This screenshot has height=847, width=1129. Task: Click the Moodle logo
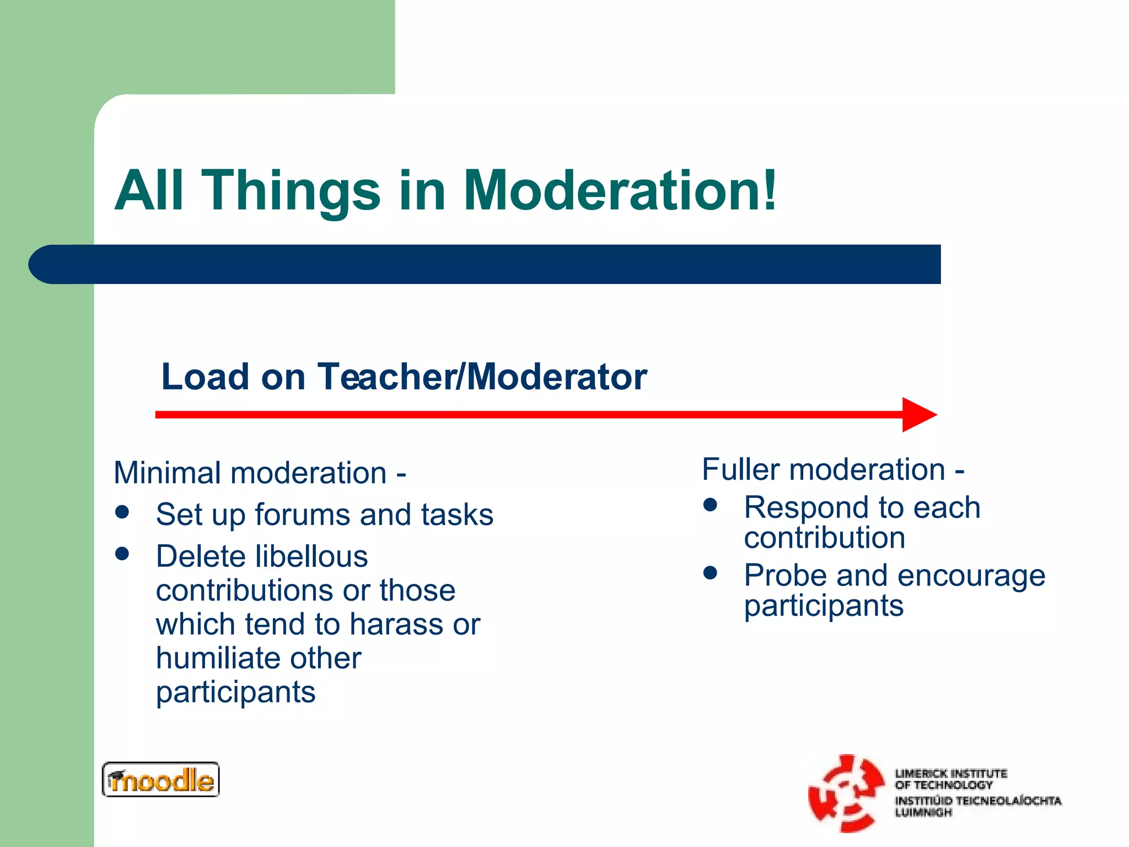coord(160,780)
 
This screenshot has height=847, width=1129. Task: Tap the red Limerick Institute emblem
coord(845,793)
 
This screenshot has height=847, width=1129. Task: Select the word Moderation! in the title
coord(620,190)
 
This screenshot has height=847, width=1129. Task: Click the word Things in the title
coord(292,190)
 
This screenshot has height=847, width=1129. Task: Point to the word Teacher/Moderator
coord(482,377)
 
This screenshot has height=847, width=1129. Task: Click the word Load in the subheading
coord(205,377)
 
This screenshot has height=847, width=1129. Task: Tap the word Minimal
coord(168,473)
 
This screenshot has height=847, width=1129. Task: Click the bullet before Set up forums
coord(122,512)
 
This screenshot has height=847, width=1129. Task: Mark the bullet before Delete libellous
coord(122,553)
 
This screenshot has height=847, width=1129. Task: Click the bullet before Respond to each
coord(710,505)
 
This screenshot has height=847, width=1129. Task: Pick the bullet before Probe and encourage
coord(710,573)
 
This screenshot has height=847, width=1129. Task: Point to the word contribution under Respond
coord(824,538)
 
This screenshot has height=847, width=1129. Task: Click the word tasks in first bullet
coord(457,515)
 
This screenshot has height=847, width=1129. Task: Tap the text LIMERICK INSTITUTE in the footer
coord(951,774)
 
